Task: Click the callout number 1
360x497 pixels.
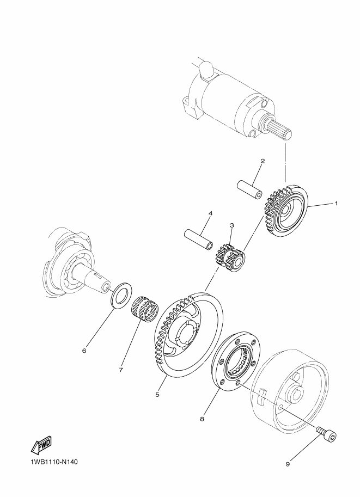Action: point(336,203)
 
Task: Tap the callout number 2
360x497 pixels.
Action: point(263,161)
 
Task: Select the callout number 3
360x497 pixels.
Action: point(232,225)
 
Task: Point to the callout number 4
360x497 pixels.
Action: point(210,213)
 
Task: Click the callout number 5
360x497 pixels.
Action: point(157,395)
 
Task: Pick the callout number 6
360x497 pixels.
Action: point(84,351)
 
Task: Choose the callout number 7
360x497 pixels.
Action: point(121,370)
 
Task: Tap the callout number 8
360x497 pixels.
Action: point(202,419)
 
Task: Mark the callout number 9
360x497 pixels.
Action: point(288,464)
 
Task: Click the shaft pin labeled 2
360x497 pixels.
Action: point(250,189)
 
